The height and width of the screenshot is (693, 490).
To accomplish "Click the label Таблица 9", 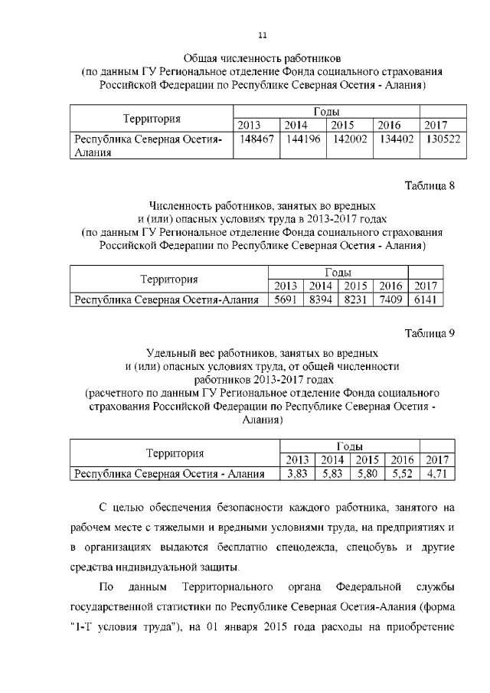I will point(430,333).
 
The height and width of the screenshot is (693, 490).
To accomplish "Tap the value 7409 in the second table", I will point(390,300).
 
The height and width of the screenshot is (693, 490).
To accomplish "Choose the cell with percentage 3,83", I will point(296,474).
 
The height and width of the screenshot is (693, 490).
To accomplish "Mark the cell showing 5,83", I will point(332,474).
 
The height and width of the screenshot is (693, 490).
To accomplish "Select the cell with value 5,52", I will point(402,474).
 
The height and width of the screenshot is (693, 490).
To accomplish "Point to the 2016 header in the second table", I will point(390,286).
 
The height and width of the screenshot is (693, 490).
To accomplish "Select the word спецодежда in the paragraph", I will point(322,548).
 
